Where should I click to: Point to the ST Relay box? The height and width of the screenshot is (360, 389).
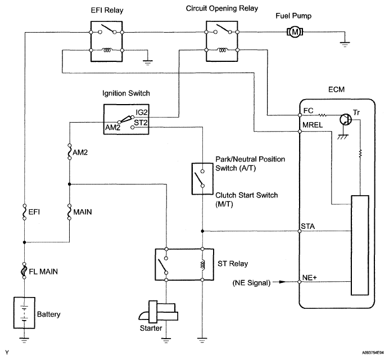[x=183, y=263]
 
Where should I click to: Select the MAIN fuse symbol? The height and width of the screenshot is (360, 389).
[x=69, y=213]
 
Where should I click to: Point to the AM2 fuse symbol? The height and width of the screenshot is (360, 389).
[x=69, y=152]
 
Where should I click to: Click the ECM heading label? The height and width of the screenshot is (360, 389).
[x=337, y=90]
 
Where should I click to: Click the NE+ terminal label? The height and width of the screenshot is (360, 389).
[x=310, y=277]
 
